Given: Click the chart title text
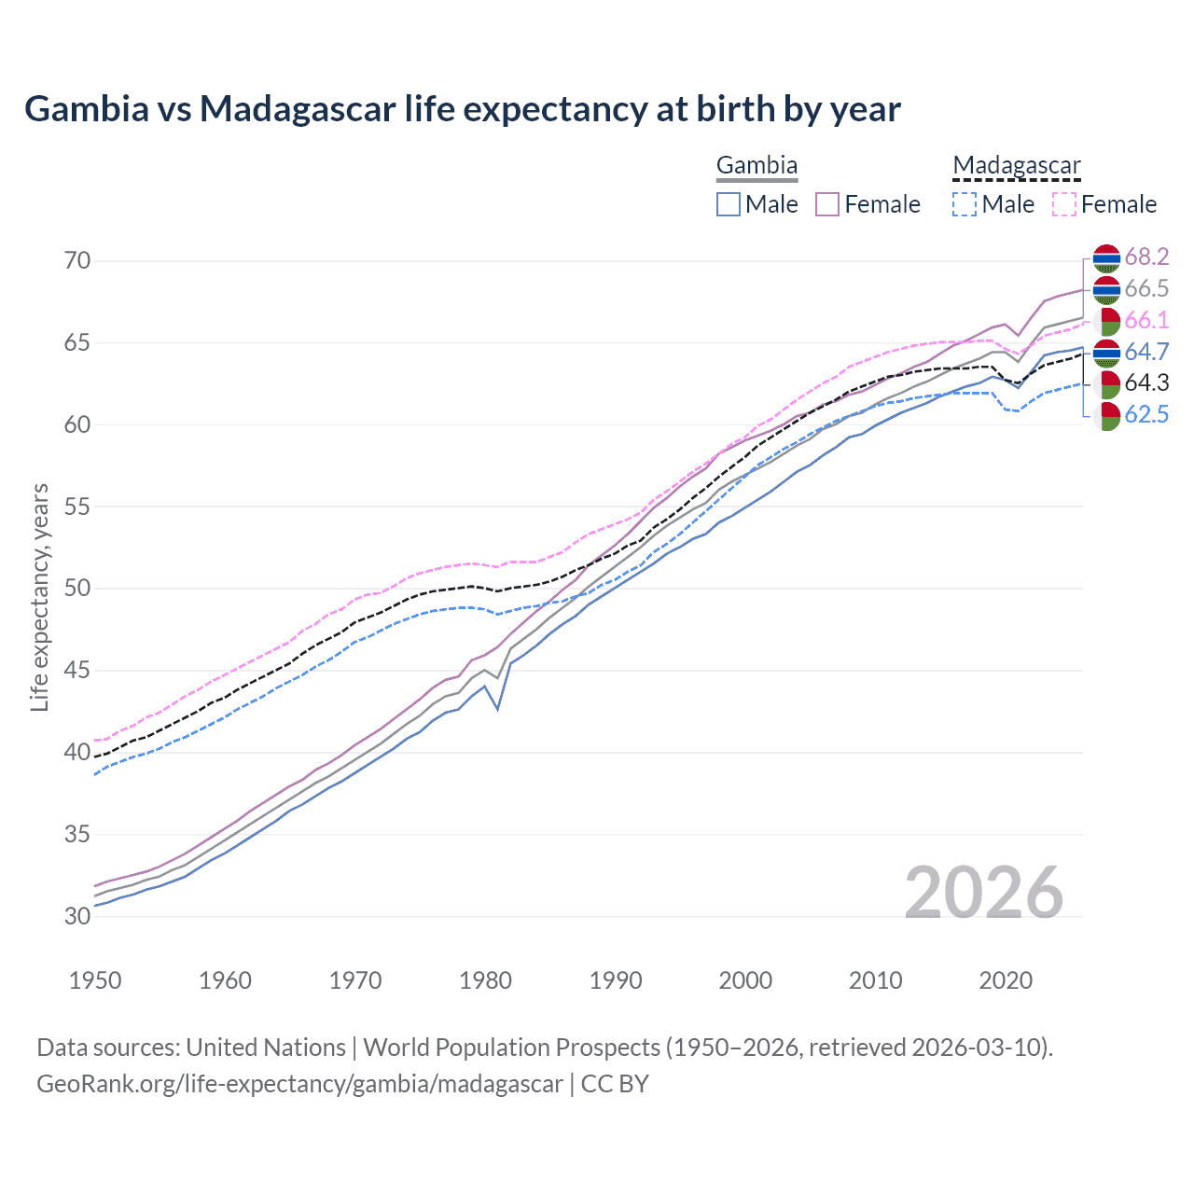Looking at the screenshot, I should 463,109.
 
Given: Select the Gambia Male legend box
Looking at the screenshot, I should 729,204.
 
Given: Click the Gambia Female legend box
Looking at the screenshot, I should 827,204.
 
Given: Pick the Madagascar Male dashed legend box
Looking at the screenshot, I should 965,204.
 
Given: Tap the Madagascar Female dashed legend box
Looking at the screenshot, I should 1064,204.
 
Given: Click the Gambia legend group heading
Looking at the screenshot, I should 757,166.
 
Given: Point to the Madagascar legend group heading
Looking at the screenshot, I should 1016,166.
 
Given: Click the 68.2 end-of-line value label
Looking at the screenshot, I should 1146,257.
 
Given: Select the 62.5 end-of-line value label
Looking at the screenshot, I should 1146,414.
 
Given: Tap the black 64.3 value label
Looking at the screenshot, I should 1146,382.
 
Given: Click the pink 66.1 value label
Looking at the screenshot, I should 1146,320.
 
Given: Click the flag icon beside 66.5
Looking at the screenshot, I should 1106,289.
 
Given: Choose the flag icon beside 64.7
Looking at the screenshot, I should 1106,353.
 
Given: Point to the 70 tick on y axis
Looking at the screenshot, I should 77,260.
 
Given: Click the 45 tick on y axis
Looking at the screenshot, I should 77,670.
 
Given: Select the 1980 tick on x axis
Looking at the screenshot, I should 486,980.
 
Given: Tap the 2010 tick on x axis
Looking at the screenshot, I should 875,980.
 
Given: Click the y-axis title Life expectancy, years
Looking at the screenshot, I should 40,597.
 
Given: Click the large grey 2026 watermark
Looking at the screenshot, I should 984,893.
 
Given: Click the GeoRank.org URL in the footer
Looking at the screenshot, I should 299,1084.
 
